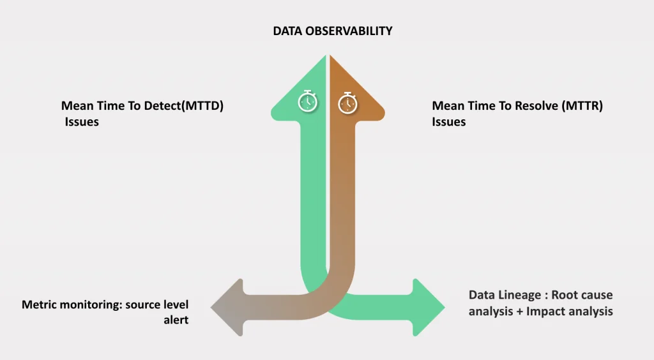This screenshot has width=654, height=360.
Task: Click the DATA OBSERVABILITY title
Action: (x=332, y=31)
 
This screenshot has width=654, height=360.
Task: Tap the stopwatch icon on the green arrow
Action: (x=307, y=101)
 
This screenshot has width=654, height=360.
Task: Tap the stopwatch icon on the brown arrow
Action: (x=347, y=103)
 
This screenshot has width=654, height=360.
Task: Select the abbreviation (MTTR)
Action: (x=582, y=106)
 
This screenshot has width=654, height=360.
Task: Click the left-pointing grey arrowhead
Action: (x=227, y=308)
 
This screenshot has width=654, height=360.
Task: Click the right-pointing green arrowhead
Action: (x=429, y=308)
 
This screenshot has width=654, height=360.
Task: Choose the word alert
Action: (x=176, y=320)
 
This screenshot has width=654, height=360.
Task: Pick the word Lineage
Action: (x=522, y=296)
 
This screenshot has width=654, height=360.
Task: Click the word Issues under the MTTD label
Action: (x=82, y=122)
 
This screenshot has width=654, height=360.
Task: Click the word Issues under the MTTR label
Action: (x=449, y=122)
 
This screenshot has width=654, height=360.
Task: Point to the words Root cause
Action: (x=582, y=295)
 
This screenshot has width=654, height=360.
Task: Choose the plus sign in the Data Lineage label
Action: (x=519, y=311)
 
